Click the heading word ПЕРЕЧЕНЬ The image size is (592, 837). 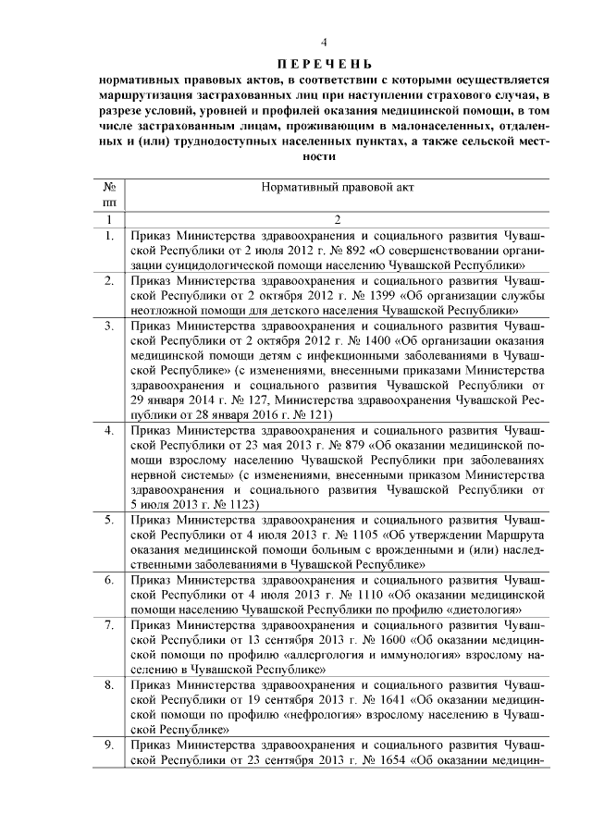pos(324,63)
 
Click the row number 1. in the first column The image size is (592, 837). pos(109,235)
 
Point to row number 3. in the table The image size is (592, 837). pos(109,326)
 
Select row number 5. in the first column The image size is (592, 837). pos(109,520)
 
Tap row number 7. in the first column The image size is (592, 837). pos(109,625)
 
